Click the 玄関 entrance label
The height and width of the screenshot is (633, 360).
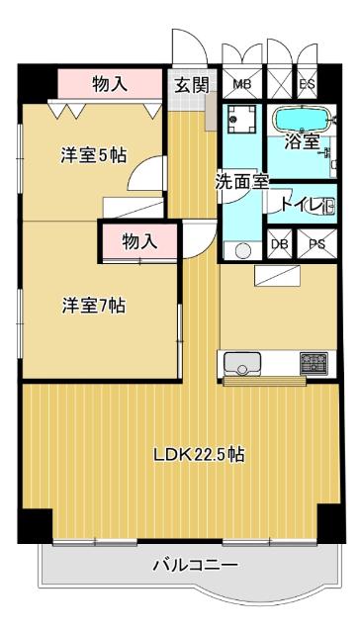point(192,84)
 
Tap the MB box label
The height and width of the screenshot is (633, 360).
point(241,83)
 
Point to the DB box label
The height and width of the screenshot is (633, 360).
point(280,243)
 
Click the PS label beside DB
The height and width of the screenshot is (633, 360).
point(316,243)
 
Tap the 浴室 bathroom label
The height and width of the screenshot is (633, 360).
point(302,141)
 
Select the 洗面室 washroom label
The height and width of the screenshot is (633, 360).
point(242,182)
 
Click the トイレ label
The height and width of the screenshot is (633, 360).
point(299,207)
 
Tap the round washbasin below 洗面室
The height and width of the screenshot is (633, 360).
point(237,248)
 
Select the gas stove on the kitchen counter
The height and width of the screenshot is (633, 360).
point(314,361)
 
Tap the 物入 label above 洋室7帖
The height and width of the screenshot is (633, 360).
point(139,240)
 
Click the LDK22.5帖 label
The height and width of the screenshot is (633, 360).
point(199,456)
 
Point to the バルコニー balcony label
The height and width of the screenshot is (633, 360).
point(194,566)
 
